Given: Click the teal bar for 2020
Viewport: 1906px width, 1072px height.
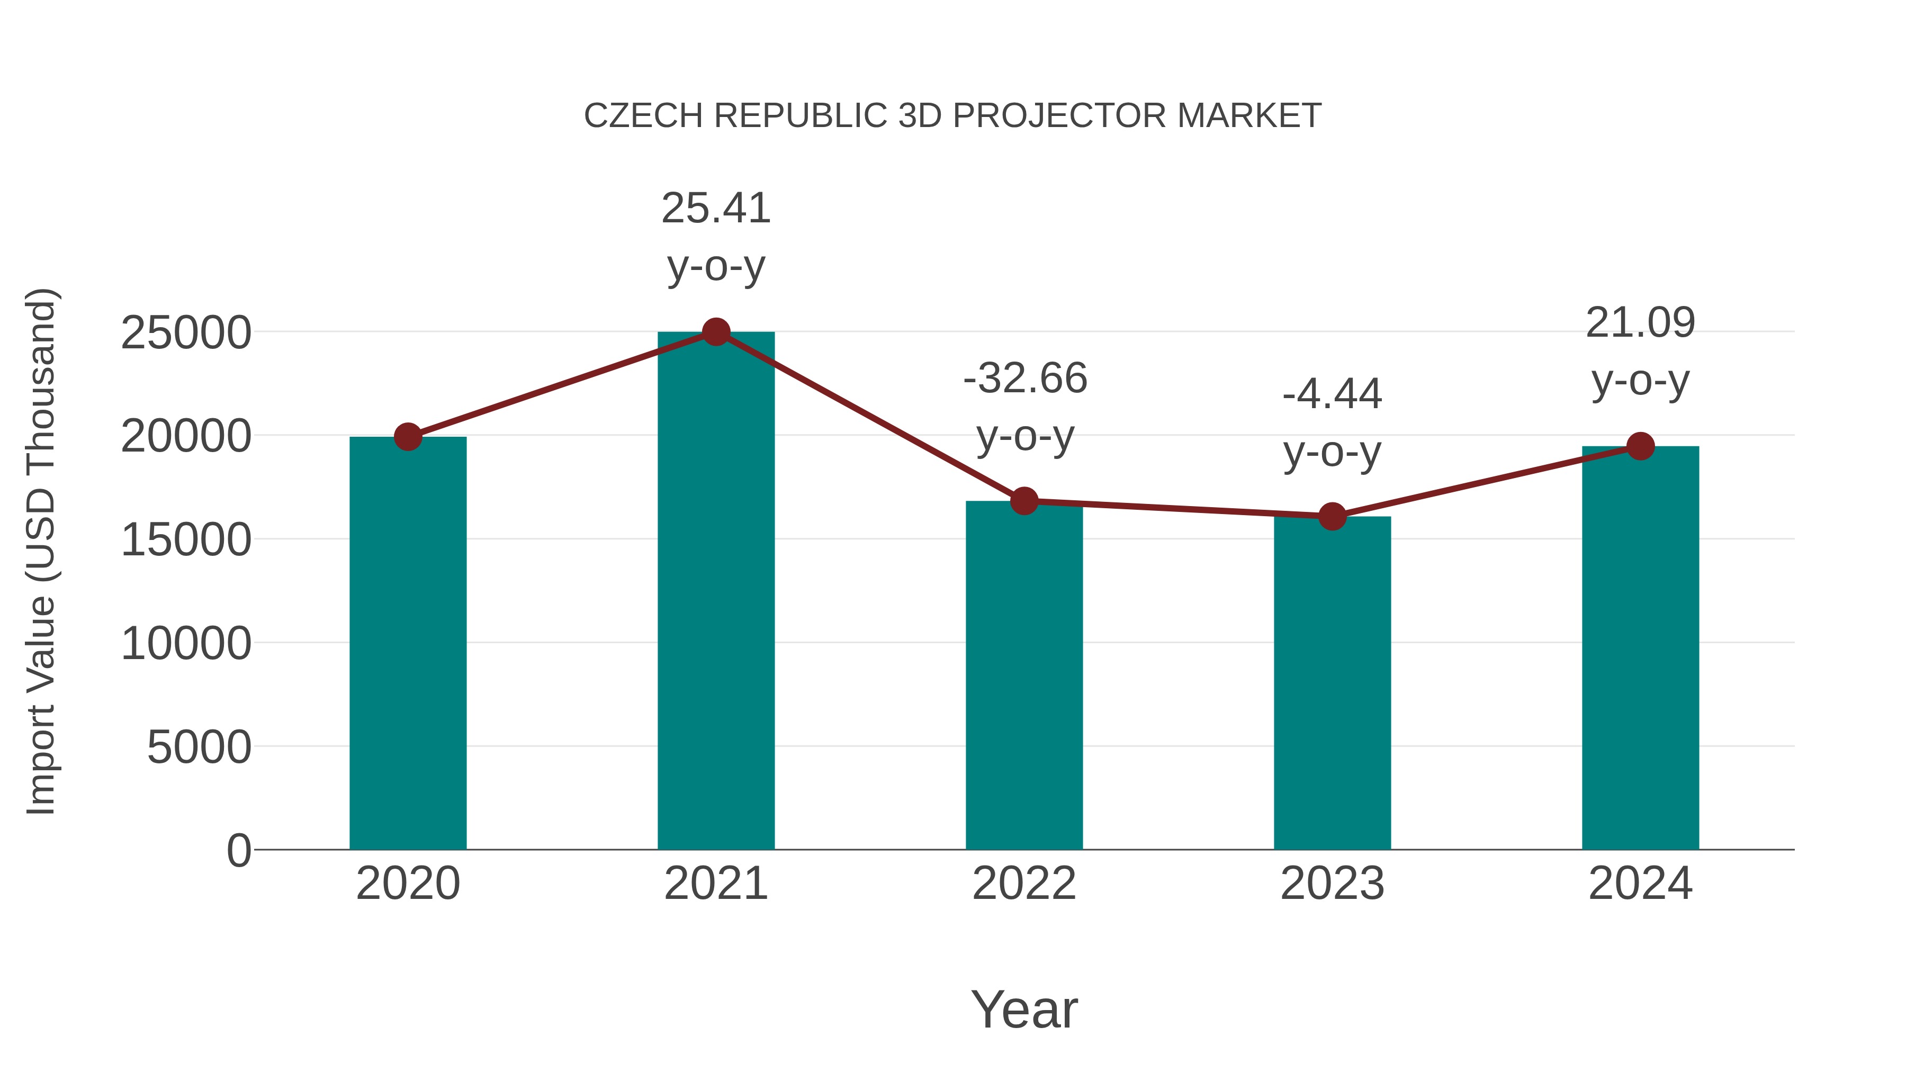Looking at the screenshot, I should pos(408,644).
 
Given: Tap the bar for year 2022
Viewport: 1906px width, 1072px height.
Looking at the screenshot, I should pos(1024,677).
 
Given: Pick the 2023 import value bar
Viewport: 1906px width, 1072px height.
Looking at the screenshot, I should pos(1332,684).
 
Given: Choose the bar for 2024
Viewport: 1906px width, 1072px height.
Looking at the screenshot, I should pos(1640,648).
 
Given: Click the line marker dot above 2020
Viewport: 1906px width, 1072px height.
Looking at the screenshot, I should pos(408,437).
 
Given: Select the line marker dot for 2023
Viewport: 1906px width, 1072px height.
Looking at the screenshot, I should pos(1332,516).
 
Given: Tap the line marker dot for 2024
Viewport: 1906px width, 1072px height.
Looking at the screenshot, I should pos(1640,446).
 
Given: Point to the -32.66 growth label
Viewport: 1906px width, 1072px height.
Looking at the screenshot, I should pos(1025,379).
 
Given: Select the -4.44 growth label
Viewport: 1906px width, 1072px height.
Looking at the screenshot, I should pos(1332,394).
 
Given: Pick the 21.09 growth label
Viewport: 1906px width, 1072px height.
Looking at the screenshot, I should pos(1640,323).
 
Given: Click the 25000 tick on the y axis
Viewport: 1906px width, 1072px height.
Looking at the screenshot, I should pos(186,334).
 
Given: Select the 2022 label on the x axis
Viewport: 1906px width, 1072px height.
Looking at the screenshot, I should pos(1024,884).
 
